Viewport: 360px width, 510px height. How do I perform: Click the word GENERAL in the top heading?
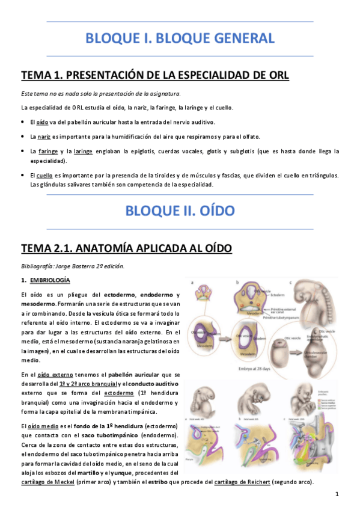(x=239, y=39)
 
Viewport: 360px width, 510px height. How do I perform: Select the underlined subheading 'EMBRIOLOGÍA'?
(x=50, y=280)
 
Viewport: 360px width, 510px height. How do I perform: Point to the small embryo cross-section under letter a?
(x=204, y=292)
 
